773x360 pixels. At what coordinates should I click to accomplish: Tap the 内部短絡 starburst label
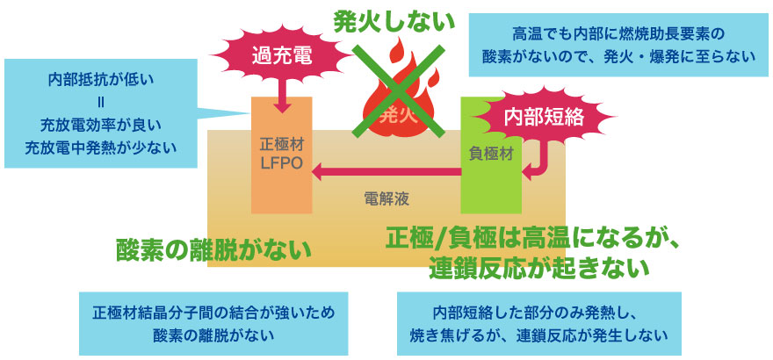coord(537,116)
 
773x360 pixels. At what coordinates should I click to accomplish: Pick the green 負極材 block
coord(490,151)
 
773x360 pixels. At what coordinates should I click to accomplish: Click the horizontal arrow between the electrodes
coord(386,173)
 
